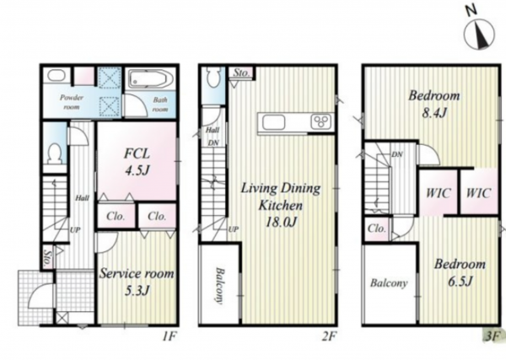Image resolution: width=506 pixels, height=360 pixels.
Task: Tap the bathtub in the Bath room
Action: [151, 79]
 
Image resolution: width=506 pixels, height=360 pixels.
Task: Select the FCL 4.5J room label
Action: [137, 162]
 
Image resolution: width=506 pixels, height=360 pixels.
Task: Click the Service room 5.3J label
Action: [137, 282]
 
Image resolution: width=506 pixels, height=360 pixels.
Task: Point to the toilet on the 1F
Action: [54, 154]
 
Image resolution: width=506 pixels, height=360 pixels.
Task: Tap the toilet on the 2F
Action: [213, 77]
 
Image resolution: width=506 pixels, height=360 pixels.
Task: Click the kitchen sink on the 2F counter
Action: [273, 122]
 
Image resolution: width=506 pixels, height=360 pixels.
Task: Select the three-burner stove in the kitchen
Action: [321, 122]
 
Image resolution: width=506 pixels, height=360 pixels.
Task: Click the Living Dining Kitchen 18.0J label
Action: [281, 205]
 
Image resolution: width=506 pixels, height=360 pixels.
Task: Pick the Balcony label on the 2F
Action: [219, 286]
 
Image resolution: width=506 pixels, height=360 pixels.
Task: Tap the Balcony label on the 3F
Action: [389, 283]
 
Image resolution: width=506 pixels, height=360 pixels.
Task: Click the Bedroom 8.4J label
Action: [434, 104]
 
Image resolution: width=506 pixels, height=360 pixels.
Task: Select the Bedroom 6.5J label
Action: [460, 272]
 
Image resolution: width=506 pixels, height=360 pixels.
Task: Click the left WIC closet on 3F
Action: [439, 192]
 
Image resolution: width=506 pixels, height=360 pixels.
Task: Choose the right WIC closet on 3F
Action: [479, 192]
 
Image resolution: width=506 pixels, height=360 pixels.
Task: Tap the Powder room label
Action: [72, 102]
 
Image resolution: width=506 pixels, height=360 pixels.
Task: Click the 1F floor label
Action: [169, 336]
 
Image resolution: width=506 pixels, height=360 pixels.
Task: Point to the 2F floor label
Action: [329, 336]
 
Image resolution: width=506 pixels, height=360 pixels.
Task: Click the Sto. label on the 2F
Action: [241, 73]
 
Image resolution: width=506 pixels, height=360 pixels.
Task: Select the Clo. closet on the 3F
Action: [377, 228]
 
